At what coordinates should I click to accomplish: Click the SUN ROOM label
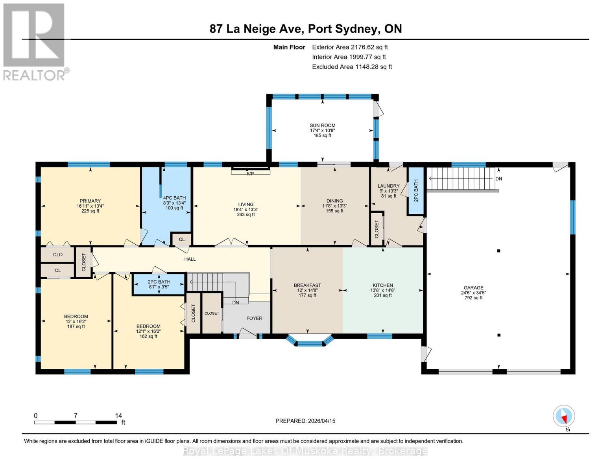click(x=323, y=125)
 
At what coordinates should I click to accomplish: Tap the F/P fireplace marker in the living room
click(x=250, y=174)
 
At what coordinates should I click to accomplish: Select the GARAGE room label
click(x=474, y=288)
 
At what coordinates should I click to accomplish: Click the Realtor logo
click(x=35, y=42)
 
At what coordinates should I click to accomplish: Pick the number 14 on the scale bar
click(x=118, y=415)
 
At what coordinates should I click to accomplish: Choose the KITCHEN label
click(x=383, y=285)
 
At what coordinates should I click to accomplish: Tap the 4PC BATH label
click(x=174, y=198)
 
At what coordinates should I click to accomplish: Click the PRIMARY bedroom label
click(x=90, y=201)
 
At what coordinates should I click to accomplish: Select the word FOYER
click(x=254, y=318)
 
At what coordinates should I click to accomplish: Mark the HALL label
click(x=190, y=259)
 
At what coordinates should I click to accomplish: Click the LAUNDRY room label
click(x=388, y=186)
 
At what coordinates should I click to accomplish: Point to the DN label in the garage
click(x=498, y=179)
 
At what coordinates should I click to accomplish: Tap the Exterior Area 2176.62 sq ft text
click(x=350, y=47)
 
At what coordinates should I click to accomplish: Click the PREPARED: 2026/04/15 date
click(x=305, y=421)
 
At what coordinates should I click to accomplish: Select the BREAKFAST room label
click(x=307, y=285)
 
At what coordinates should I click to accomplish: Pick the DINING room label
click(x=334, y=201)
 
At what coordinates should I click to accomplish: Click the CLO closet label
click(x=58, y=254)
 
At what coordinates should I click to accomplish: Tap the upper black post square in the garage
click(x=498, y=251)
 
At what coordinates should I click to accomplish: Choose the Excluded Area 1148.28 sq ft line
click(x=352, y=67)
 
